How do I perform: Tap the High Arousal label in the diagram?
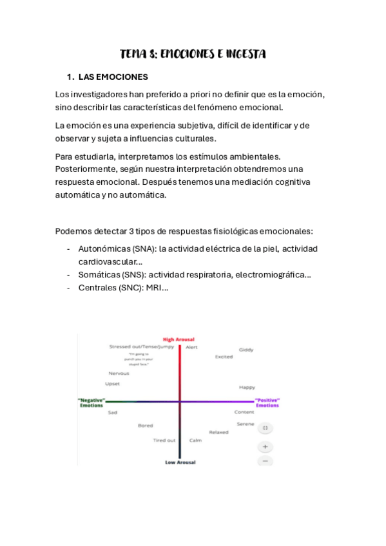[179, 339]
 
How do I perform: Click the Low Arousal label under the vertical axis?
[180, 462]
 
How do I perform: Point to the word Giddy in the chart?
[246, 350]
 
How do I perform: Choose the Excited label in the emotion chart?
[224, 357]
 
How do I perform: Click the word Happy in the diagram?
[247, 387]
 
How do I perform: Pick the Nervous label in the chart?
[119, 373]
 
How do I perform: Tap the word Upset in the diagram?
[112, 384]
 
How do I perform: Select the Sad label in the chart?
[113, 412]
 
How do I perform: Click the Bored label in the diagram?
[145, 426]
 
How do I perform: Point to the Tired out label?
[164, 440]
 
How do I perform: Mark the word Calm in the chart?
[195, 440]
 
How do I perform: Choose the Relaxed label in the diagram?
[218, 432]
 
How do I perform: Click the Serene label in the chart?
[245, 424]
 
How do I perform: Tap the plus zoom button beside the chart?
[265, 446]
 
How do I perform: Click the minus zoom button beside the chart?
[265, 460]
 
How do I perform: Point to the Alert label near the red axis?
[191, 347]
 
